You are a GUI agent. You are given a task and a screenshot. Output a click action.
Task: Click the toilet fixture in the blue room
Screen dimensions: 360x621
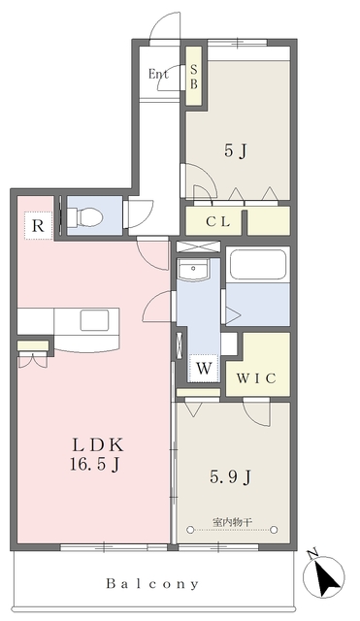click(x=86, y=217)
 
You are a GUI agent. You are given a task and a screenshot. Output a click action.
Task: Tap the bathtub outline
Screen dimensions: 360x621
click(x=257, y=265)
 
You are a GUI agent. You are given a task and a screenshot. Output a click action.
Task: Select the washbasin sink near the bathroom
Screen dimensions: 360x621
click(x=193, y=270)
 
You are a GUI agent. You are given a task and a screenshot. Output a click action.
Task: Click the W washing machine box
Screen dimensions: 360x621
click(x=204, y=369)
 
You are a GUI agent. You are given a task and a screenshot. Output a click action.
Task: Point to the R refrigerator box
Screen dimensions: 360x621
click(x=38, y=226)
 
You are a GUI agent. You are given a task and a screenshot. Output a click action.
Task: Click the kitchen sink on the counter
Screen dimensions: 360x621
click(x=94, y=320)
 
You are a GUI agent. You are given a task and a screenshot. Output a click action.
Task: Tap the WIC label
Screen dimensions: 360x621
click(x=256, y=378)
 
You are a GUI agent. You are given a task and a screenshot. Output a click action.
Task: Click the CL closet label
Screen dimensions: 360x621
click(x=217, y=222)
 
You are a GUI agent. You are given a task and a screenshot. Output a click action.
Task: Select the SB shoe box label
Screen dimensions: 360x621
click(x=194, y=77)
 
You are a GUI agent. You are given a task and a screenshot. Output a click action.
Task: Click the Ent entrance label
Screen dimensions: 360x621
click(x=158, y=74)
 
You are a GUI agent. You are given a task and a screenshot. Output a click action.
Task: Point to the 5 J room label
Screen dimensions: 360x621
click(x=236, y=151)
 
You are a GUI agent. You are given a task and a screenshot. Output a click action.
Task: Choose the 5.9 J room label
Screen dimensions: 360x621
click(x=231, y=476)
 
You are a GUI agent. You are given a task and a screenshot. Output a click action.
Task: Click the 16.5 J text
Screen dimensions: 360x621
click(x=95, y=465)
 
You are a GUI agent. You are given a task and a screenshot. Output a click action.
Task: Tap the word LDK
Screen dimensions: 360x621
click(x=98, y=445)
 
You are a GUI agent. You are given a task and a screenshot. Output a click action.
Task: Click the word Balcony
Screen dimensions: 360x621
click(x=152, y=583)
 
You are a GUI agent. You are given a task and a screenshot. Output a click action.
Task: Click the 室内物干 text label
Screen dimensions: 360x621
click(x=232, y=522)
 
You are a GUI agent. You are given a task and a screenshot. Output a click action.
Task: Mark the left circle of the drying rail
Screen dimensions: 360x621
click(x=190, y=530)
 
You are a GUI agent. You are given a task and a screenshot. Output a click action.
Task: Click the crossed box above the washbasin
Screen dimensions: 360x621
click(x=198, y=245)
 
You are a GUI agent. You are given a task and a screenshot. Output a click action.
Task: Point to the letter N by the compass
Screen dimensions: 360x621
click(x=312, y=552)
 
